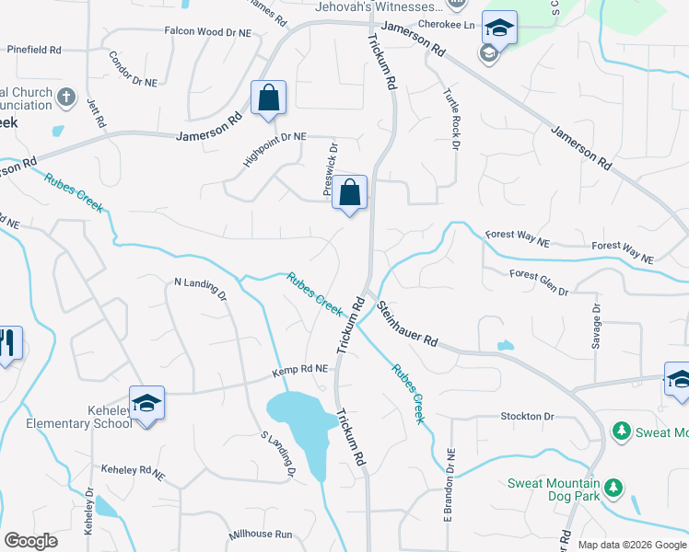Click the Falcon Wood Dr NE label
[207, 31]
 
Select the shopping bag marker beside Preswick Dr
[350, 193]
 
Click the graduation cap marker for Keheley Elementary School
[146, 404]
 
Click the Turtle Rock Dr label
[451, 119]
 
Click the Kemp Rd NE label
[299, 371]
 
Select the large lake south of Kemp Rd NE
[301, 419]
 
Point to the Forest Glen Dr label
[539, 282]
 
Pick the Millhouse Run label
[260, 535]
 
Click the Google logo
[30, 541]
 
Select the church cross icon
[65, 97]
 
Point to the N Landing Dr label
[200, 291]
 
